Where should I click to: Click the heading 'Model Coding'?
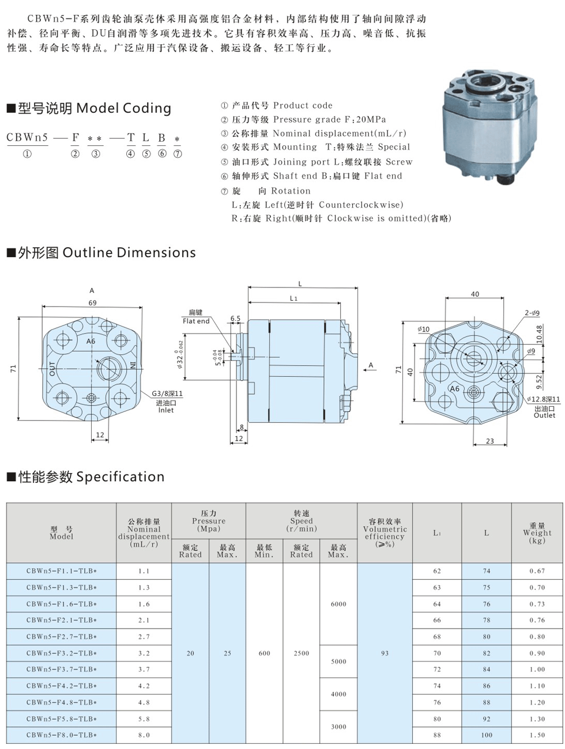pos(123,108)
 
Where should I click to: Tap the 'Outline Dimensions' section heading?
pos(129,253)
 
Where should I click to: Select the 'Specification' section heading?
pos(120,477)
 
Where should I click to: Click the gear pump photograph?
pos(489,130)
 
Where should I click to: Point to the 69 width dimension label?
pos(92,302)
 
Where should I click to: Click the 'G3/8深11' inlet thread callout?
pos(167,394)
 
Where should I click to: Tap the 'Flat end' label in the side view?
pos(196,321)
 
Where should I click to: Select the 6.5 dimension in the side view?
pos(235,318)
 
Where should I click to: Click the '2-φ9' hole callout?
pos(532,313)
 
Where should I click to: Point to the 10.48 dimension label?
pos(540,336)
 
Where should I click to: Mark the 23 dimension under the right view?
pos(489,441)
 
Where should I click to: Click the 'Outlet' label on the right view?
pos(544,415)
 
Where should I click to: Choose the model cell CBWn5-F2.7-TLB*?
pos(62,637)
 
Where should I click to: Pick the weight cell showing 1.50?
pos(537,735)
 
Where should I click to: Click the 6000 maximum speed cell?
pos(338,604)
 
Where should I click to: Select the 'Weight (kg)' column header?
pos(537,533)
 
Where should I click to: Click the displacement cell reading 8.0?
pos(144,735)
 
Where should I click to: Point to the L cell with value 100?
pos(487,735)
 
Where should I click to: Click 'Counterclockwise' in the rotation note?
pos(361,205)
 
